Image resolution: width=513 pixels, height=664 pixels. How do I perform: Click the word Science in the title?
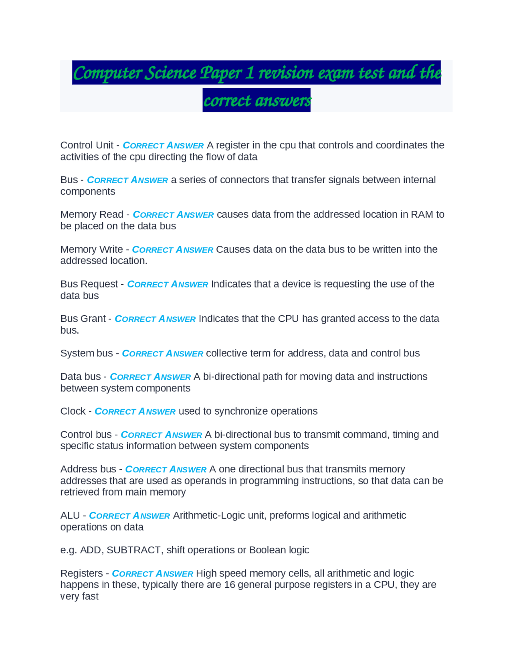coord(171,73)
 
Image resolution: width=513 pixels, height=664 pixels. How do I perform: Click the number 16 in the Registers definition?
coord(229,585)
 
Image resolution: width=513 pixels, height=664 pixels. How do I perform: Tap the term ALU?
coord(70,516)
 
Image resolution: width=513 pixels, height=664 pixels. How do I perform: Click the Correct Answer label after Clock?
coord(135,411)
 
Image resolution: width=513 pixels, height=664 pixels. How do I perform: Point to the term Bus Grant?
coord(83,319)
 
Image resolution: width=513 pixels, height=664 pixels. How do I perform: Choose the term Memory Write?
coord(91,249)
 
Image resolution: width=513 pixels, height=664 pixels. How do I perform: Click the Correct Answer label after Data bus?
coord(150,377)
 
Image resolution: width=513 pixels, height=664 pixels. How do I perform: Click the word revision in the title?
coord(286,73)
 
